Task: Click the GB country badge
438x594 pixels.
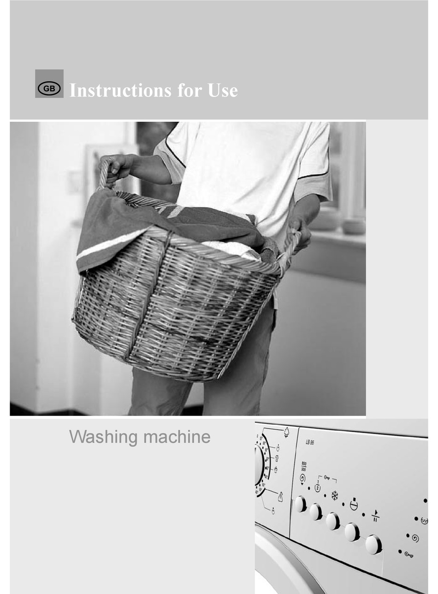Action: click(49, 88)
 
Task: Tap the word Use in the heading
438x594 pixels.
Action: click(223, 90)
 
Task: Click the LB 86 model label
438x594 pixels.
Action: click(309, 442)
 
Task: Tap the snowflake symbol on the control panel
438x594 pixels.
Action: click(335, 496)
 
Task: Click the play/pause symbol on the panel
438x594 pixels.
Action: click(375, 515)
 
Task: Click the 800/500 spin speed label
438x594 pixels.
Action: click(304, 466)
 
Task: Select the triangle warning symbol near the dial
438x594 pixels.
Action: click(280, 497)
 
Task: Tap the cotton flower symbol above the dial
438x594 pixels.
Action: click(286, 432)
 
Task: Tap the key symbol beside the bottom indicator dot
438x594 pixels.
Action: click(408, 554)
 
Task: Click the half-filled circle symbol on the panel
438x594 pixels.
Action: click(354, 505)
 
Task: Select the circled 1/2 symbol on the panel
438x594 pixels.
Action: click(318, 487)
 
